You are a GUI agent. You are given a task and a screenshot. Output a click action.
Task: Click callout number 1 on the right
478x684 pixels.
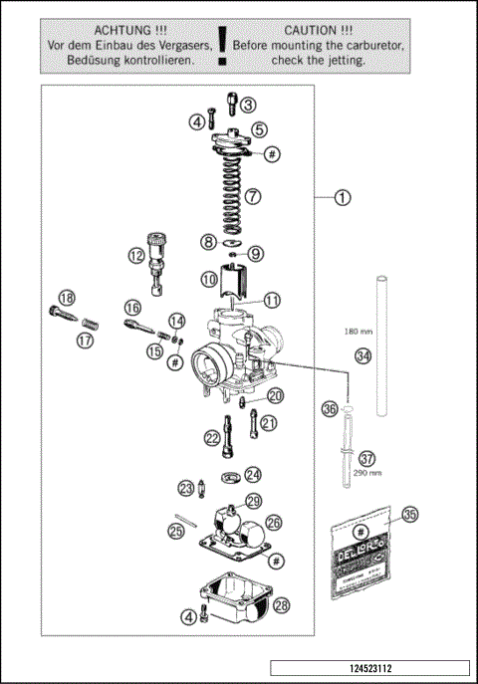pyautogui.click(x=343, y=197)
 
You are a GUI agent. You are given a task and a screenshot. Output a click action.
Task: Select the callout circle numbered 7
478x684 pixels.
pyautogui.click(x=254, y=196)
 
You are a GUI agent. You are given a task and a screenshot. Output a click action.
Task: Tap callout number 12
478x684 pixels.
pyautogui.click(x=135, y=255)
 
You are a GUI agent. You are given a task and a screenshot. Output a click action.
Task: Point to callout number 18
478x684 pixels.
pyautogui.click(x=67, y=298)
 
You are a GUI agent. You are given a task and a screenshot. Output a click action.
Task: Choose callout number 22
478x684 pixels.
pyautogui.click(x=212, y=438)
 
